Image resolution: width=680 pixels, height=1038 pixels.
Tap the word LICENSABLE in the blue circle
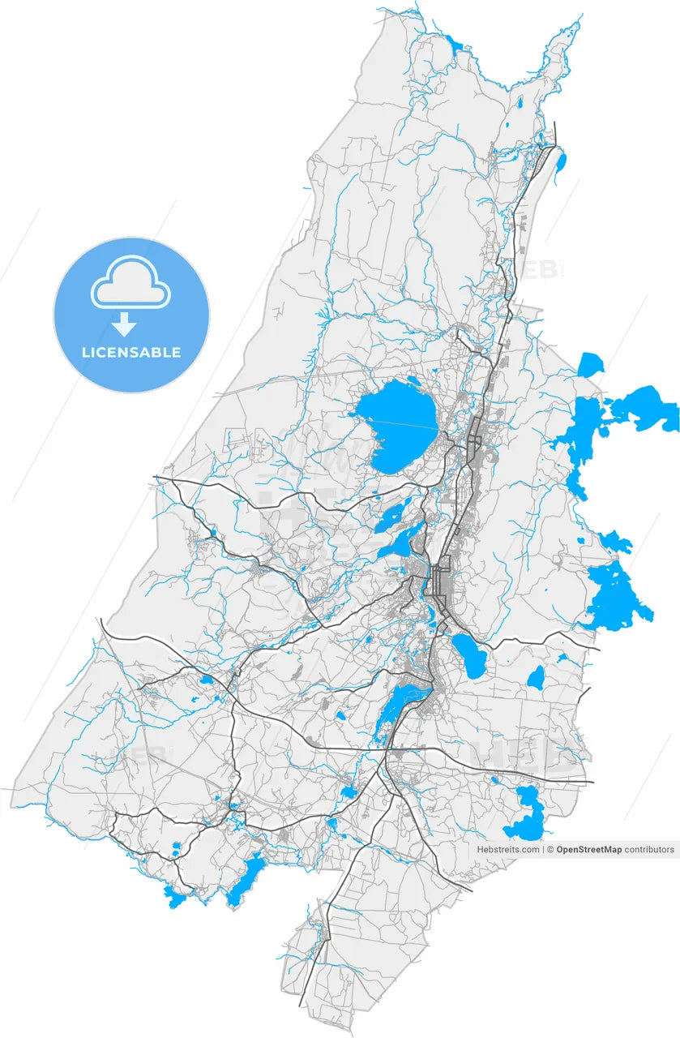[x=131, y=353]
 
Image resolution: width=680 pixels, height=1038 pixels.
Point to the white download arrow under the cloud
[x=124, y=325]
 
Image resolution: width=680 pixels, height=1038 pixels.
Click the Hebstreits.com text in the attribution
[x=507, y=850]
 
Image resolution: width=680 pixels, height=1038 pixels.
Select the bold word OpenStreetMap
[x=588, y=850]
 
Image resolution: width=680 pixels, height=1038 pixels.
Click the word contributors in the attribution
[x=649, y=850]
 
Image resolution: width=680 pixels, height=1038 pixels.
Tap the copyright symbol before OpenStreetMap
[x=550, y=850]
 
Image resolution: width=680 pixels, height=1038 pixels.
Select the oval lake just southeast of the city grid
[x=468, y=654]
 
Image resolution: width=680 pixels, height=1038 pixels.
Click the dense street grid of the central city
[x=442, y=581]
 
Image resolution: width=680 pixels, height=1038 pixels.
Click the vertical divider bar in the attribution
[x=543, y=850]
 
